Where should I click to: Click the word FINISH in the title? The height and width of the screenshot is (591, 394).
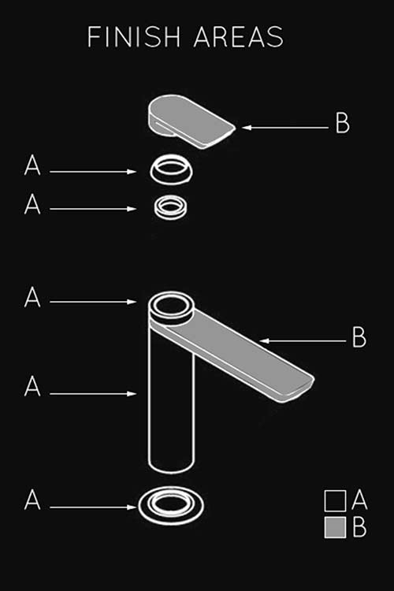click(134, 37)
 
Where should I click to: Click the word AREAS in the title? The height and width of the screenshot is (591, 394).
click(238, 37)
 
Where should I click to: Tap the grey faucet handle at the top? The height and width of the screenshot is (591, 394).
click(191, 121)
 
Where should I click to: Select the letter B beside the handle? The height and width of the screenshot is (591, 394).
click(343, 123)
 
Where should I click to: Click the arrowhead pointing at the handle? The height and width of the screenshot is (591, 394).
click(246, 128)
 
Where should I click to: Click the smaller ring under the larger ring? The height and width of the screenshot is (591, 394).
click(171, 207)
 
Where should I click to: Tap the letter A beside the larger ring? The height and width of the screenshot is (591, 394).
click(32, 165)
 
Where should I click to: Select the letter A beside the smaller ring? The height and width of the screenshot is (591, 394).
click(32, 204)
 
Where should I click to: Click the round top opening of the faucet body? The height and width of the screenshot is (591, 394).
click(171, 306)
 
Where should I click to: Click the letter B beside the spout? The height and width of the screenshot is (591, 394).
click(359, 337)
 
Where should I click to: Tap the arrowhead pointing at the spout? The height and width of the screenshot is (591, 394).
click(265, 341)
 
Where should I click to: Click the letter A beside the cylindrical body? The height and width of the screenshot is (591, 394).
click(32, 386)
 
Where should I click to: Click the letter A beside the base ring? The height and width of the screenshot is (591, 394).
click(32, 500)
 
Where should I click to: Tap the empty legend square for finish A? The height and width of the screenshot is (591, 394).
click(335, 501)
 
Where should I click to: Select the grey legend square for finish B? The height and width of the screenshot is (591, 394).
click(335, 527)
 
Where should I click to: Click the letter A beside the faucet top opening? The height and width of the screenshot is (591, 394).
click(32, 297)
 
